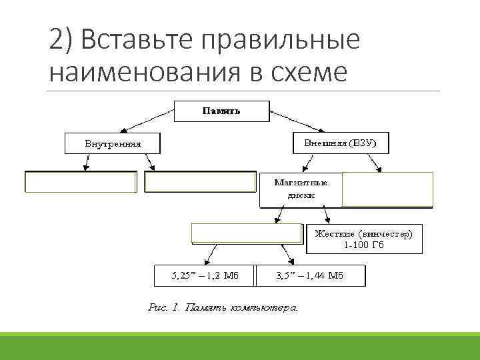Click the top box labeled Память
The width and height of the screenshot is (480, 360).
coord(221,111)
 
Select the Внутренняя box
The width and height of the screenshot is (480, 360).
coord(113,143)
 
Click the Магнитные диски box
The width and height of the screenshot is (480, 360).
coord(300,189)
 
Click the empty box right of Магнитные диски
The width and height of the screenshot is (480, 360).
coord(387,189)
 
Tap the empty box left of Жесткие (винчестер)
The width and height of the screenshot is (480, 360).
coord(247,232)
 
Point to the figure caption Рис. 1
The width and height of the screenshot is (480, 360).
coord(222,308)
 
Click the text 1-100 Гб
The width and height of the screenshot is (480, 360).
coord(364,245)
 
